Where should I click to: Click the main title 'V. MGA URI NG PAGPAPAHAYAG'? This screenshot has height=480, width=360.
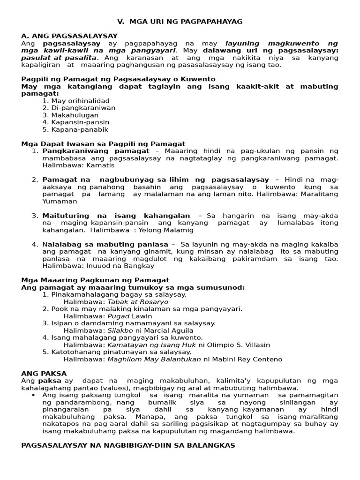180,22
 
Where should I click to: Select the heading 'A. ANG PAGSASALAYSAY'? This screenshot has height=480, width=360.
69,36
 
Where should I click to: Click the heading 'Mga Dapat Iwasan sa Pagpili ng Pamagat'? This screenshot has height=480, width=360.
103,144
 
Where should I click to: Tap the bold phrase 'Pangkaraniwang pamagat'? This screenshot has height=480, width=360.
96,151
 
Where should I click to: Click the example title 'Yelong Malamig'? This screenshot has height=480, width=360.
163,230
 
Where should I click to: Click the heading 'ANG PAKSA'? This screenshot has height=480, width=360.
40,374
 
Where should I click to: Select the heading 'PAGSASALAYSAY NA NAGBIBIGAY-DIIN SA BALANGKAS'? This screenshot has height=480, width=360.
128,445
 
